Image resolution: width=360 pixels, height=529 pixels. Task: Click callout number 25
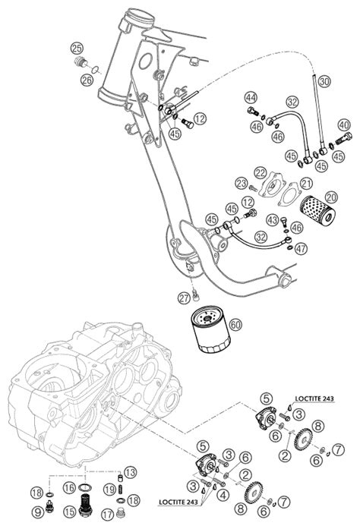[x=77, y=49]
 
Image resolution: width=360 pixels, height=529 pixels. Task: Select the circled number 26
[x=87, y=80]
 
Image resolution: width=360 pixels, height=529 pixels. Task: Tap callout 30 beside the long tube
[x=324, y=81]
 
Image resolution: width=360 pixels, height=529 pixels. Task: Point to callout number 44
[x=251, y=98]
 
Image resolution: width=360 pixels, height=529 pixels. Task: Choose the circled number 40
[x=344, y=125]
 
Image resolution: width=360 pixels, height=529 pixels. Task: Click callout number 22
[x=261, y=173]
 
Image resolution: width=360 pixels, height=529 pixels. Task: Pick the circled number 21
[x=306, y=184]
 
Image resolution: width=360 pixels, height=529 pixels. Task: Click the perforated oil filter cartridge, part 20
[x=317, y=210]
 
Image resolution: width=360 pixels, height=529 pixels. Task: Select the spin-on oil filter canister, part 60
[x=210, y=329]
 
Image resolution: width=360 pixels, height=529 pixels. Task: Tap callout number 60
[x=235, y=325]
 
